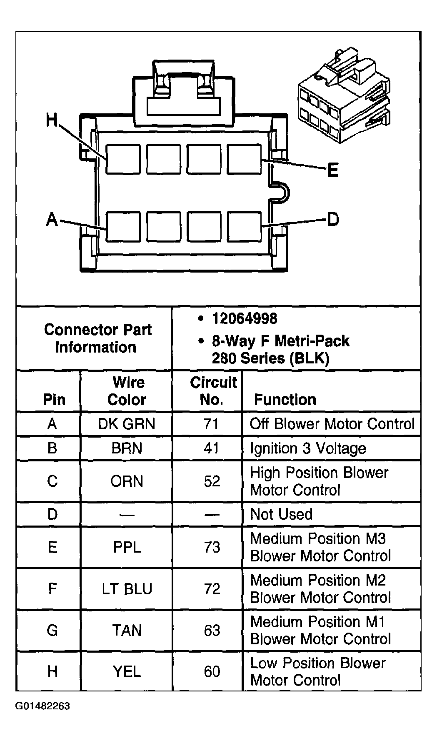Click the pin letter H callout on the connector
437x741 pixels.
pos(52,120)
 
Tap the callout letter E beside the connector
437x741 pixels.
pos(333,170)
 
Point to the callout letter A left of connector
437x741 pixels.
pos(52,219)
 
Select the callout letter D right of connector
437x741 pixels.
pos(333,219)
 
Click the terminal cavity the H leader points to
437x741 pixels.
pos(122,159)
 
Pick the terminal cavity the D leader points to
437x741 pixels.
pos(244,227)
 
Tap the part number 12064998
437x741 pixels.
pos(245,319)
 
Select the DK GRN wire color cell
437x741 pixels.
pos(126,424)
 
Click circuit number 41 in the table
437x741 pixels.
pos(211,448)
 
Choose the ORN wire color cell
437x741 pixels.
pos(127,481)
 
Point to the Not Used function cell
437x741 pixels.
pos(281,514)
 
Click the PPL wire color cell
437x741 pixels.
pos(127,547)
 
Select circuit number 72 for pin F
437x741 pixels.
pos(212,589)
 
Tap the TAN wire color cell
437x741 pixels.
pos(127,630)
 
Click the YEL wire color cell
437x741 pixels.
pos(127,671)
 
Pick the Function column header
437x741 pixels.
pos(285,400)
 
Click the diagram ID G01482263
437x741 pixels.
pos(43,706)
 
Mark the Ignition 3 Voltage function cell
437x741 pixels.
pos(308,448)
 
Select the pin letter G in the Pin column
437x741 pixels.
pos(52,630)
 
